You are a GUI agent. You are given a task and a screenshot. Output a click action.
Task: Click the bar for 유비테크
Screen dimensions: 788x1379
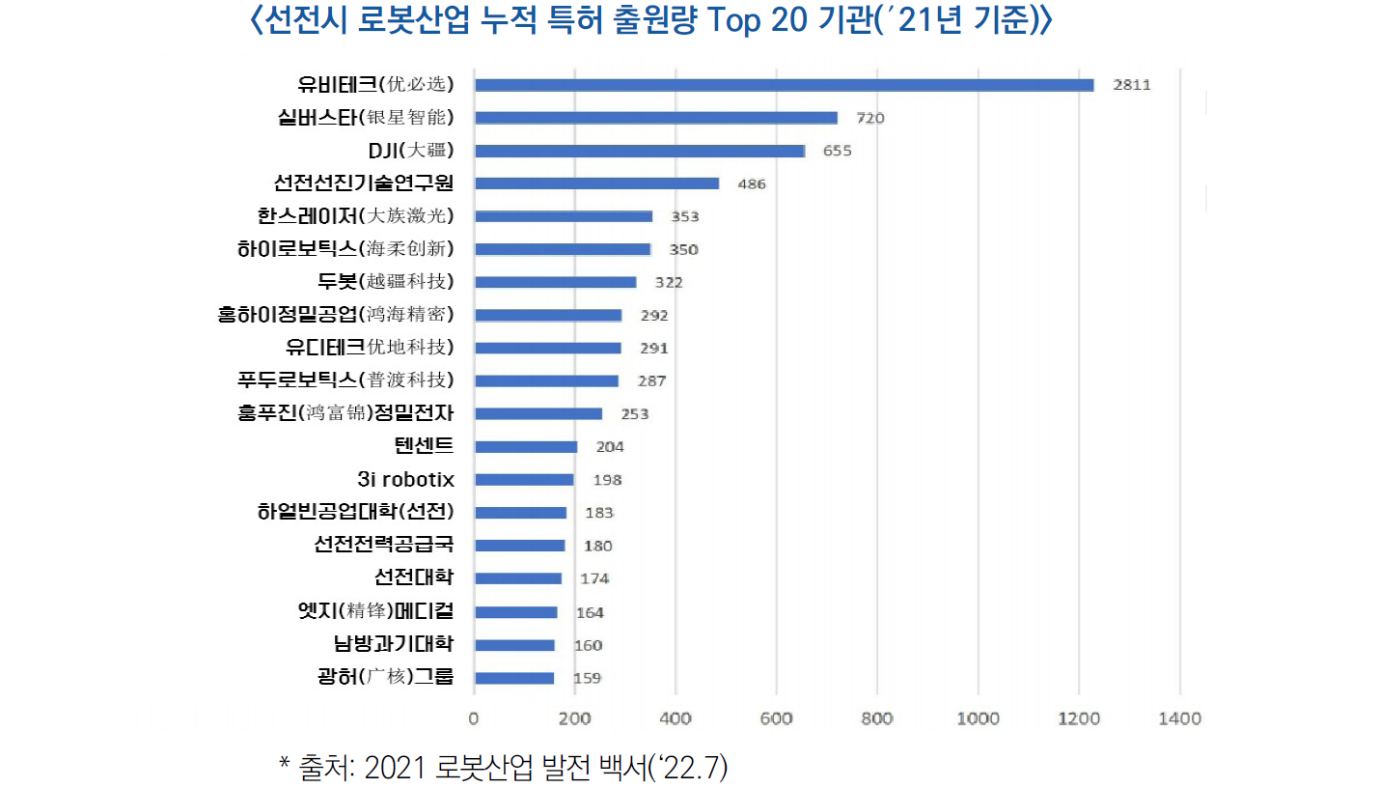pos(784,85)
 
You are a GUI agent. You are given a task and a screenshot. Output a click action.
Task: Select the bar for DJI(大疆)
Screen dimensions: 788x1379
pos(639,151)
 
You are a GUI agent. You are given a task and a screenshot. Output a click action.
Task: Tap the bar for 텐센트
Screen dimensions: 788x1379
pos(526,447)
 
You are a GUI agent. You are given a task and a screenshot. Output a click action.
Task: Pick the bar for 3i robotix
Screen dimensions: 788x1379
pos(524,480)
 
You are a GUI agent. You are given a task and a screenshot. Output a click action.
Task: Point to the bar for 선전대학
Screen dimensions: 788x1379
pos(518,578)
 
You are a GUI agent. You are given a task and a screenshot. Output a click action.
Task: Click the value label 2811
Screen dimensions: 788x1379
pos(1131,85)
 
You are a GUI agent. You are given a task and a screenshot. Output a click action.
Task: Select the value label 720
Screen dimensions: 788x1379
pos(869,118)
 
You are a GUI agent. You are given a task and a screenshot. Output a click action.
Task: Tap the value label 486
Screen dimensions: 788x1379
pos(751,183)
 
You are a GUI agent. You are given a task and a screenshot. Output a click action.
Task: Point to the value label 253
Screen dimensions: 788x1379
pos(634,414)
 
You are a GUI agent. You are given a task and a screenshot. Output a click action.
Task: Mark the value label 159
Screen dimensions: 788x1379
pos(587,678)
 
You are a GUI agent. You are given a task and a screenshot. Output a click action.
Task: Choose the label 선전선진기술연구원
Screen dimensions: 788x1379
pos(364,183)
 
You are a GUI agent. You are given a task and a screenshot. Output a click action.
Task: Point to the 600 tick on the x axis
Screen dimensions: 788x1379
pos(776,718)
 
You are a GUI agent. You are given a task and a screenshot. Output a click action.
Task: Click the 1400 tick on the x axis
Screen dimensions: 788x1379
pos(1179,718)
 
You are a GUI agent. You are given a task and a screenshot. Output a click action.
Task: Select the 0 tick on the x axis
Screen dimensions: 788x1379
pos(474,718)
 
